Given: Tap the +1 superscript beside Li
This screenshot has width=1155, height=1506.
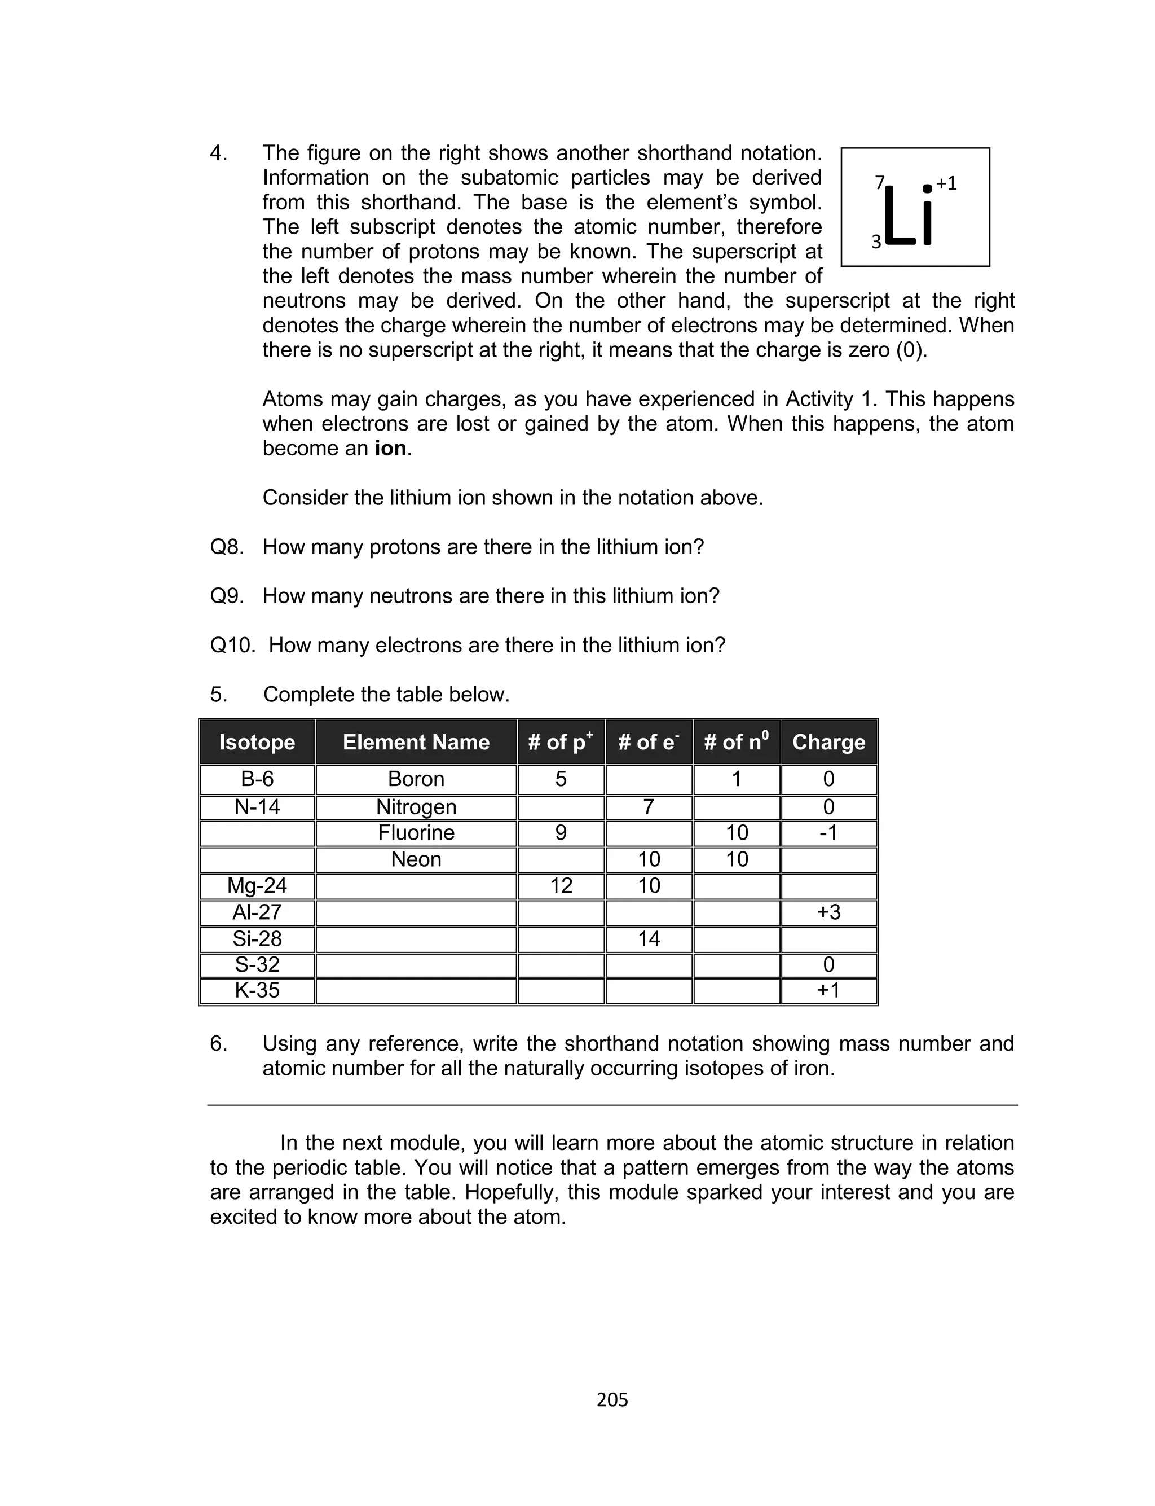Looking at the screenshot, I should point(947,183).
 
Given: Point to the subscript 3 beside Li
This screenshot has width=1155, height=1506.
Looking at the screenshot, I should point(876,242).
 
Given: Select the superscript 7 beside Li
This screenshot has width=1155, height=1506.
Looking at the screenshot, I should point(879,183).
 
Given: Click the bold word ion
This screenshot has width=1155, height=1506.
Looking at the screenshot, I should point(390,449).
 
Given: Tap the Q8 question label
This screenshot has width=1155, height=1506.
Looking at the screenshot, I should point(227,547).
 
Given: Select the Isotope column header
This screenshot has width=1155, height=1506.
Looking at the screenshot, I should point(257,742).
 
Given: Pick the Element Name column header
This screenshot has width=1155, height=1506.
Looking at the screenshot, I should point(416,742).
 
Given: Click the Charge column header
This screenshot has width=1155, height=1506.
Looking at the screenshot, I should point(828,742).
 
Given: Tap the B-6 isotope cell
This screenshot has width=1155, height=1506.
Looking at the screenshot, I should point(257,779).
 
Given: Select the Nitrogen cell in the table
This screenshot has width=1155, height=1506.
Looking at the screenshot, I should point(416,807).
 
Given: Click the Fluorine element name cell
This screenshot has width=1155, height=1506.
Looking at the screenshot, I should point(416,833).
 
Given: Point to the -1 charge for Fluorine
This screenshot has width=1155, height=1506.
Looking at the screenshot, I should point(828,833).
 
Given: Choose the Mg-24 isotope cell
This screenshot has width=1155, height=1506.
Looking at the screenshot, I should point(257,886).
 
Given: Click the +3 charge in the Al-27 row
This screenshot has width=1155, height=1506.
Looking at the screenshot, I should point(828,912).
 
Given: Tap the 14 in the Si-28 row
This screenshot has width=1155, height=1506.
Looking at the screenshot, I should point(649,939).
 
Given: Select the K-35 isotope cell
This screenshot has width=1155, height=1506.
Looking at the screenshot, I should point(257,990).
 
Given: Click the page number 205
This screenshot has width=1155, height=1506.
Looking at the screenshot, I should point(612,1400).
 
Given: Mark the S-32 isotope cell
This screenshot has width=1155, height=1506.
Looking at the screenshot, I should point(257,965).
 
